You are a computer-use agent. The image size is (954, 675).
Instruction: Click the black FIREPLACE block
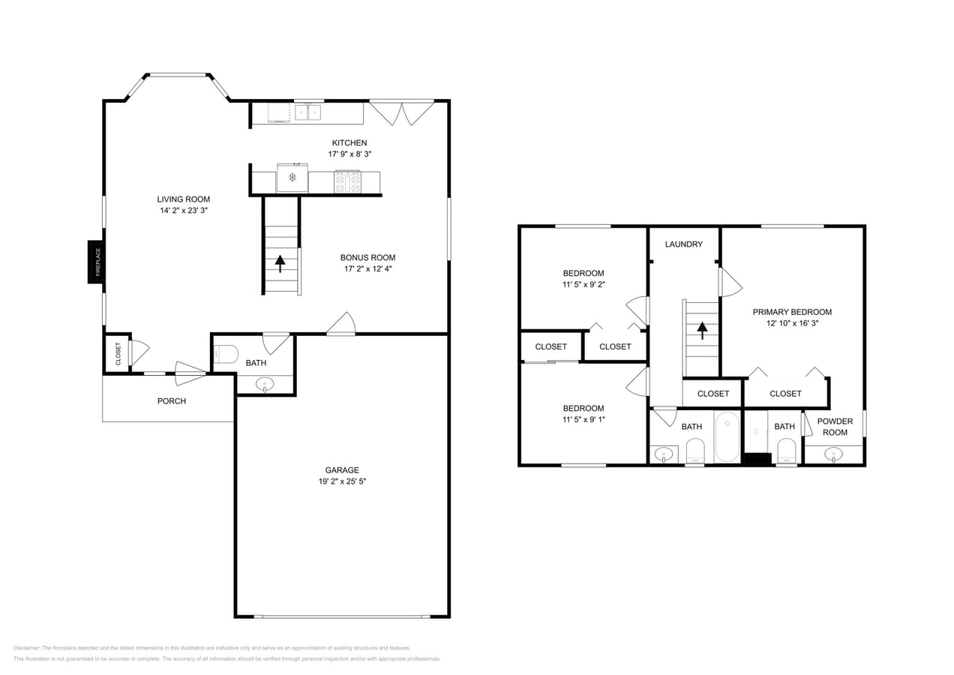click(x=96, y=262)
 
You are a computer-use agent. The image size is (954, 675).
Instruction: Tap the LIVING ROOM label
click(x=184, y=199)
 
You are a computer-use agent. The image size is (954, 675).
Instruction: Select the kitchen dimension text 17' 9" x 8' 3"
click(x=349, y=154)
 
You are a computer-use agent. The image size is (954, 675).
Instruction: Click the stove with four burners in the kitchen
click(x=348, y=181)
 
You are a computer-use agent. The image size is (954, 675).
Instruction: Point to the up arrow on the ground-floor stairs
click(x=280, y=263)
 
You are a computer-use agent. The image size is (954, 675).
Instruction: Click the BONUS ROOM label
click(x=368, y=258)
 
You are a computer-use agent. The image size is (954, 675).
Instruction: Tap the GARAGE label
click(x=342, y=470)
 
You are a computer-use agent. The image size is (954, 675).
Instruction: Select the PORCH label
click(x=172, y=401)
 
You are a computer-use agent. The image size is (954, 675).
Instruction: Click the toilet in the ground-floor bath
click(x=226, y=354)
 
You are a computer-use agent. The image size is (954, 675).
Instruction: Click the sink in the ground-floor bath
click(x=265, y=385)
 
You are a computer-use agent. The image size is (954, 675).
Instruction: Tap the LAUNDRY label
click(x=684, y=244)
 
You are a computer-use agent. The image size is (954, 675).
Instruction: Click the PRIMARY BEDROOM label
click(x=792, y=312)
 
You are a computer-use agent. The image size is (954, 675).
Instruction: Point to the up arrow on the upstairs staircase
click(x=702, y=331)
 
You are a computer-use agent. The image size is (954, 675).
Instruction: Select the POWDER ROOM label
click(x=835, y=427)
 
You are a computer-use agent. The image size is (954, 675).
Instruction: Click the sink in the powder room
click(x=833, y=454)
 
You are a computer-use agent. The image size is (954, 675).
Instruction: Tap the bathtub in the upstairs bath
click(x=727, y=436)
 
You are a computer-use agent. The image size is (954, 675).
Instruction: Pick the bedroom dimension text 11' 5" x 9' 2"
click(x=583, y=284)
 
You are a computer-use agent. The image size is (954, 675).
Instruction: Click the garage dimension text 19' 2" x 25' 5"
click(x=342, y=481)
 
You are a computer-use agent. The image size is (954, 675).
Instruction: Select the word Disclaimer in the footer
click(x=26, y=648)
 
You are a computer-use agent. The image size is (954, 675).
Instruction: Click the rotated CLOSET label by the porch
click(x=118, y=354)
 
